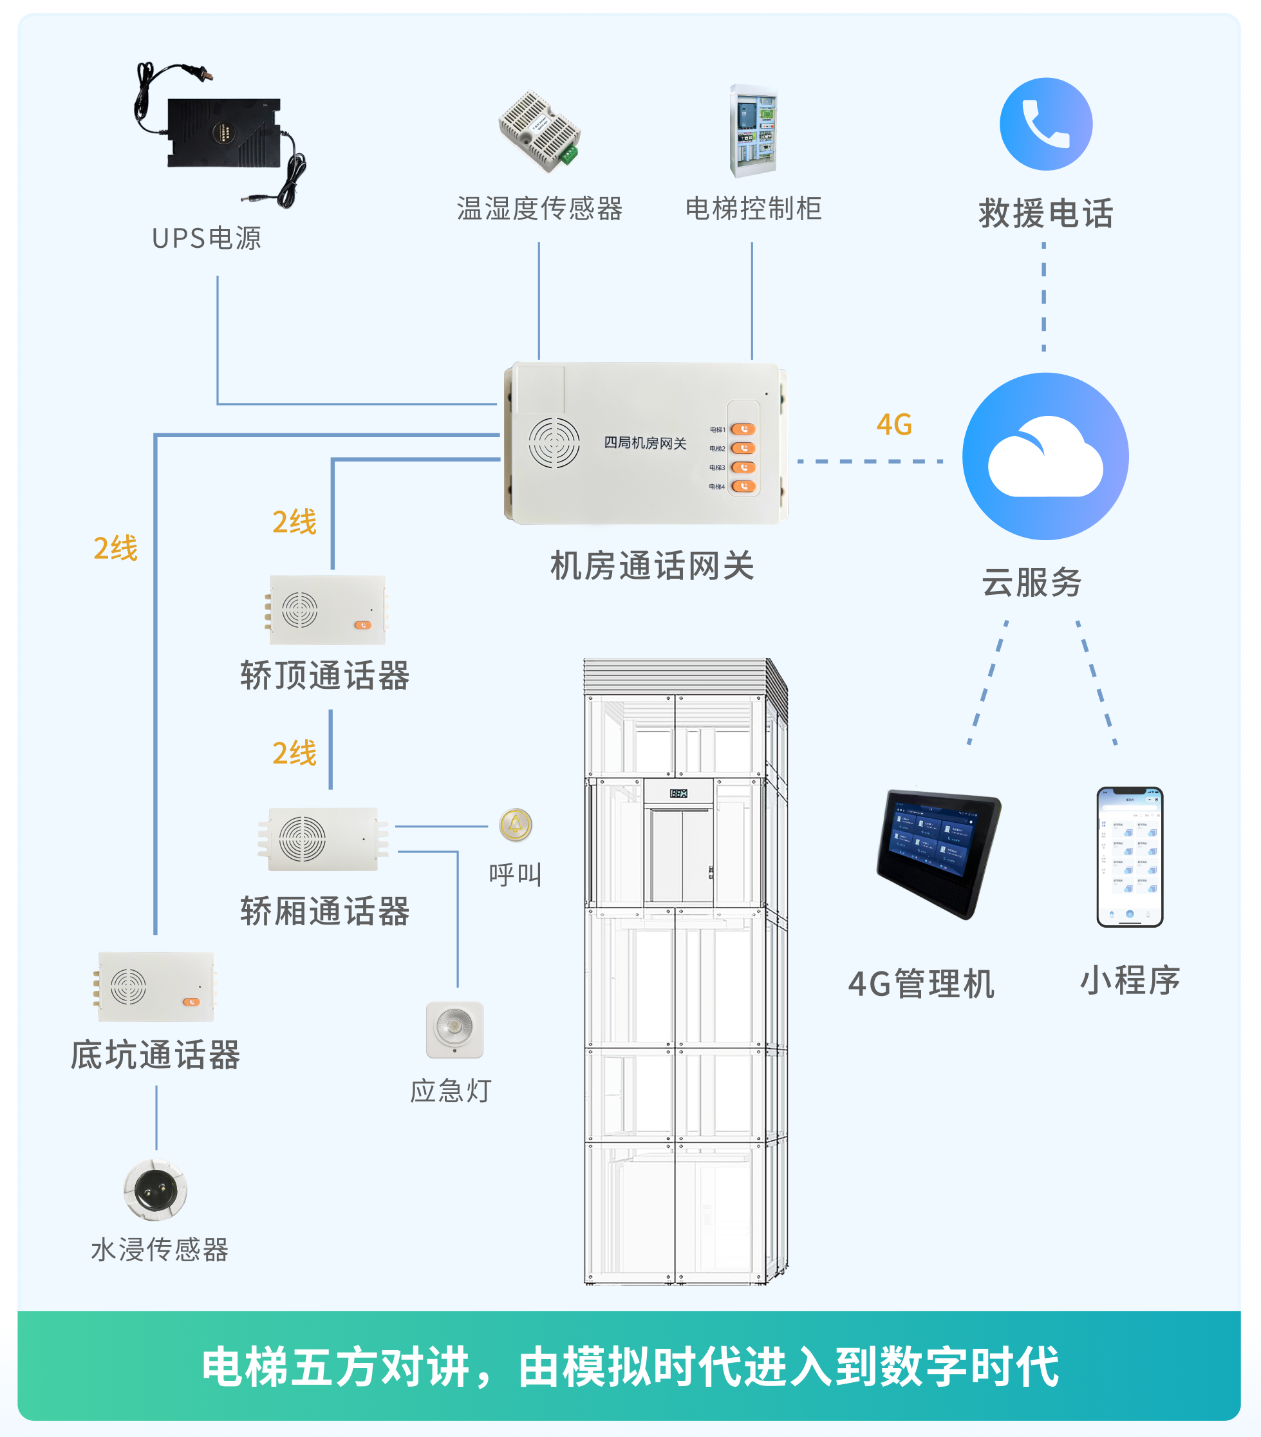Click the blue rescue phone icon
pyautogui.click(x=1045, y=124)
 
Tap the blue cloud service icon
pyautogui.click(x=1045, y=456)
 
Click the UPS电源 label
pyautogui.click(x=207, y=238)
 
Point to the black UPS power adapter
pyautogui.click(x=223, y=133)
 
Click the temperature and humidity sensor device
pyautogui.click(x=540, y=131)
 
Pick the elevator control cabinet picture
pyautogui.click(x=753, y=131)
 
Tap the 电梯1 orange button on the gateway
pyautogui.click(x=743, y=429)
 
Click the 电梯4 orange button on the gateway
pyautogui.click(x=743, y=486)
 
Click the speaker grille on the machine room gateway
pyautogui.click(x=554, y=443)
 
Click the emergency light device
pyautogui.click(x=455, y=1029)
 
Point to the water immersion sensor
pyautogui.click(x=155, y=1190)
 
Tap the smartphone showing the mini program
pyautogui.click(x=1130, y=856)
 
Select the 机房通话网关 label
pyautogui.click(x=651, y=566)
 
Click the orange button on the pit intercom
pyautogui.click(x=191, y=1002)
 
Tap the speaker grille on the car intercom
pyautogui.click(x=303, y=839)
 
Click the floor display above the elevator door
pyautogui.click(x=678, y=793)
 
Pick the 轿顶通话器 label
pyautogui.click(x=324, y=675)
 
